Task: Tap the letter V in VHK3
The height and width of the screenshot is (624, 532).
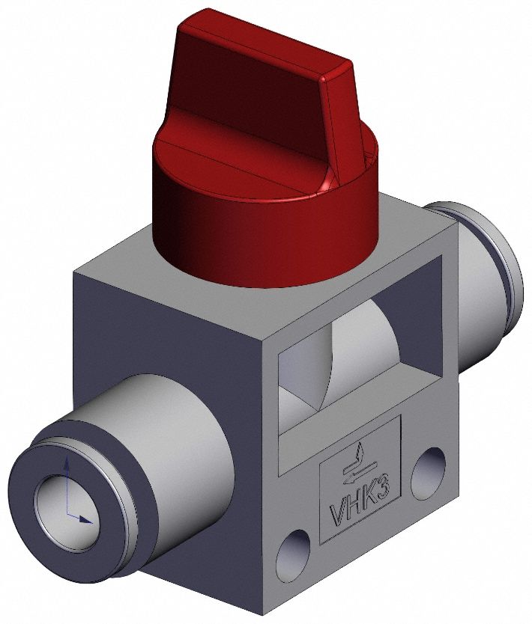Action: pos(339,516)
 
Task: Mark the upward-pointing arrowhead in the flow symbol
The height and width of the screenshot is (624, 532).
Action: pos(361,449)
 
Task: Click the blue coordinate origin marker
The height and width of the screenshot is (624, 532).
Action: pos(68,516)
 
